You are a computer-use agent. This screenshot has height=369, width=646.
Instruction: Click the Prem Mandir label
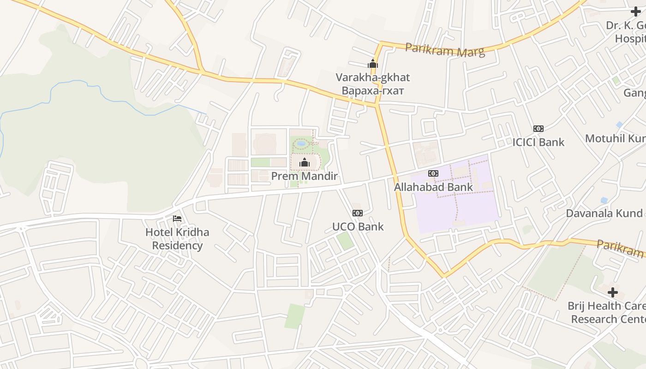[304, 176]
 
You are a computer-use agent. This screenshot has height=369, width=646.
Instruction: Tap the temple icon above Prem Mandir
[304, 162]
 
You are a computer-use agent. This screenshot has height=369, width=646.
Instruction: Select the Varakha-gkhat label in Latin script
[372, 77]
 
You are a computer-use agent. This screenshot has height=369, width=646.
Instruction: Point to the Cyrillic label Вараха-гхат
[372, 91]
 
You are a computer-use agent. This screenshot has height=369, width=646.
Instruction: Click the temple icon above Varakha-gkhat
[372, 64]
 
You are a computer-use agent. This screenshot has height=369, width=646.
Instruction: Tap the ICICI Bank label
[538, 142]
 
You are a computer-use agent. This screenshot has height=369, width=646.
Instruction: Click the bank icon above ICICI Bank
[538, 129]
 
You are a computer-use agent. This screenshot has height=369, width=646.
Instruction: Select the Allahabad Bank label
[433, 187]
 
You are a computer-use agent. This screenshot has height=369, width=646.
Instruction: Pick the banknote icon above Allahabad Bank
[433, 173]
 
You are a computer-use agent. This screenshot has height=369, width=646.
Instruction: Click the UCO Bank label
[358, 226]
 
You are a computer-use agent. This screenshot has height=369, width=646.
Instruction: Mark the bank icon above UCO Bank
[358, 213]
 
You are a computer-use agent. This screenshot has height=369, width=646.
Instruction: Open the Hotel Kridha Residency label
[177, 238]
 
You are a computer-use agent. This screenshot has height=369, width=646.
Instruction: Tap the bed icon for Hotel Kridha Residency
[177, 219]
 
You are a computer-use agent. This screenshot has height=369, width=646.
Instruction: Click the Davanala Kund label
[604, 213]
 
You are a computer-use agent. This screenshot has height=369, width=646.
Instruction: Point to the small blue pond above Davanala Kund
[604, 200]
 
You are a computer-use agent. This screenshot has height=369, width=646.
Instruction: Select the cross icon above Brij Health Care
[612, 292]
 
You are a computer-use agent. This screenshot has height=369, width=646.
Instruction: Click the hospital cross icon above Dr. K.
[635, 12]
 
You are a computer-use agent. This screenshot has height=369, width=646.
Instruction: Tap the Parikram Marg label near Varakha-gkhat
[445, 50]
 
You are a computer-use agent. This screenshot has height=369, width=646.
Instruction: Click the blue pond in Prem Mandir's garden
[301, 143]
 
